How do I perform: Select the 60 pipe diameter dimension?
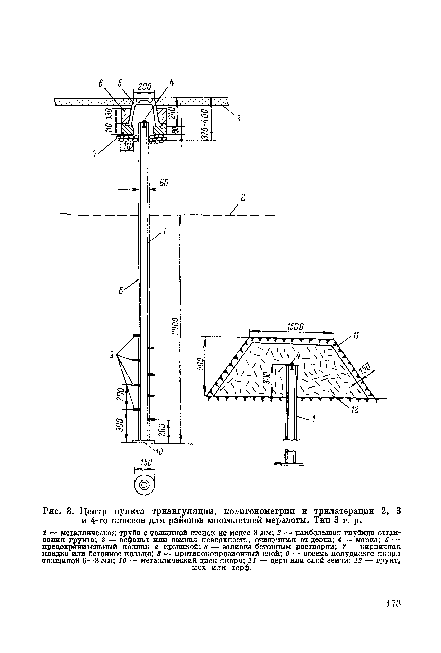tap(164, 183)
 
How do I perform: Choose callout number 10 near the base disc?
tap(159, 452)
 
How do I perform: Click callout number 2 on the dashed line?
tap(243, 197)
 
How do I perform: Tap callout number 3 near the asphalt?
tap(238, 119)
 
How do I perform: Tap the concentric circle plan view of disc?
tap(145, 485)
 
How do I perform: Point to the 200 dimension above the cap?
tap(145, 87)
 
